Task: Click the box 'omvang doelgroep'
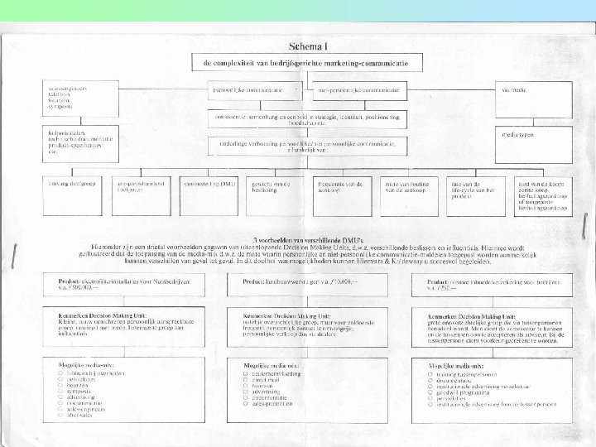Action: click(x=71, y=187)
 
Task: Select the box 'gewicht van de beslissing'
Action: click(x=270, y=190)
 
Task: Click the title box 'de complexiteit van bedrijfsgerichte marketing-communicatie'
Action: click(x=307, y=62)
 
